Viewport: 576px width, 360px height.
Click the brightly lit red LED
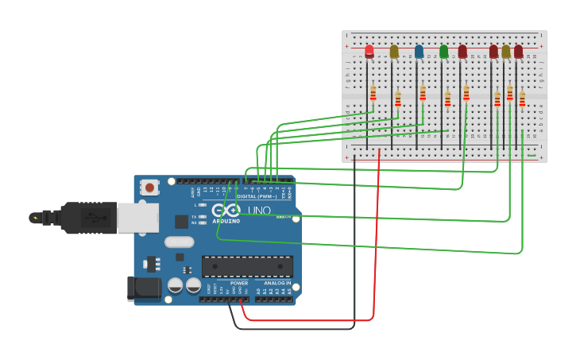[x=369, y=52]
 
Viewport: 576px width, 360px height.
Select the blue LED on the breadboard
[x=419, y=52]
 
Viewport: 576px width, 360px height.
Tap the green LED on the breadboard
[x=443, y=52]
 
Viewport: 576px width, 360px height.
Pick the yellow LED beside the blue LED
[x=394, y=52]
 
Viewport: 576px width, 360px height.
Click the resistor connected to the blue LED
[x=423, y=93]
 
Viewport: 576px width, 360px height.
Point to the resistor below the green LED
[x=447, y=99]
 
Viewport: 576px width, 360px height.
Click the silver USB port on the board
[x=137, y=217]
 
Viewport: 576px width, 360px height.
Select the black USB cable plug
[x=87, y=217]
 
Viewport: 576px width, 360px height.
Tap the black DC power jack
[x=144, y=288]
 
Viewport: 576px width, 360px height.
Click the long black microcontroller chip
[x=247, y=266]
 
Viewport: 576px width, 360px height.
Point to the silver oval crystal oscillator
[x=179, y=242]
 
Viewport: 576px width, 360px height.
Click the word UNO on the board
[x=260, y=211]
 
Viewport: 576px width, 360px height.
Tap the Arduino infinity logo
[x=226, y=210]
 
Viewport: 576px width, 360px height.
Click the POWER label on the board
[x=239, y=283]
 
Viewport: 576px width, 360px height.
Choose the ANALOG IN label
[x=273, y=283]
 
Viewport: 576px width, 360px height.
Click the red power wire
[x=377, y=238]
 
